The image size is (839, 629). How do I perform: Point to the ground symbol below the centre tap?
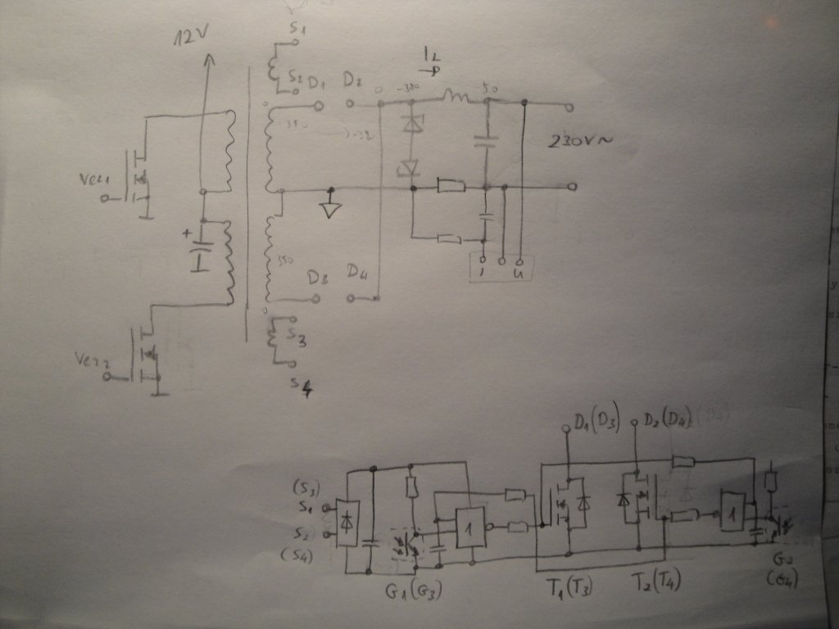(x=330, y=208)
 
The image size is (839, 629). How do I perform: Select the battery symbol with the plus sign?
(x=201, y=250)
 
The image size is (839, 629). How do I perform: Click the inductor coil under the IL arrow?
(x=456, y=100)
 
